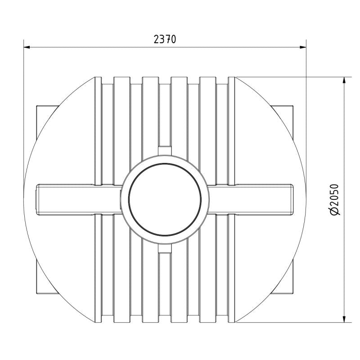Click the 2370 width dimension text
pyautogui.click(x=165, y=39)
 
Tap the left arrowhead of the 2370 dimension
pyautogui.click(x=27, y=47)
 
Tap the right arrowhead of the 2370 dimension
pyautogui.click(x=303, y=47)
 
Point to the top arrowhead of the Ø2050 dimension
pyautogui.click(x=344, y=81)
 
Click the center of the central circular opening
pyautogui.click(x=165, y=199)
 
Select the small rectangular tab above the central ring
pyautogui.click(x=165, y=151)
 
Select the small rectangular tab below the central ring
pyautogui.click(x=165, y=248)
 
